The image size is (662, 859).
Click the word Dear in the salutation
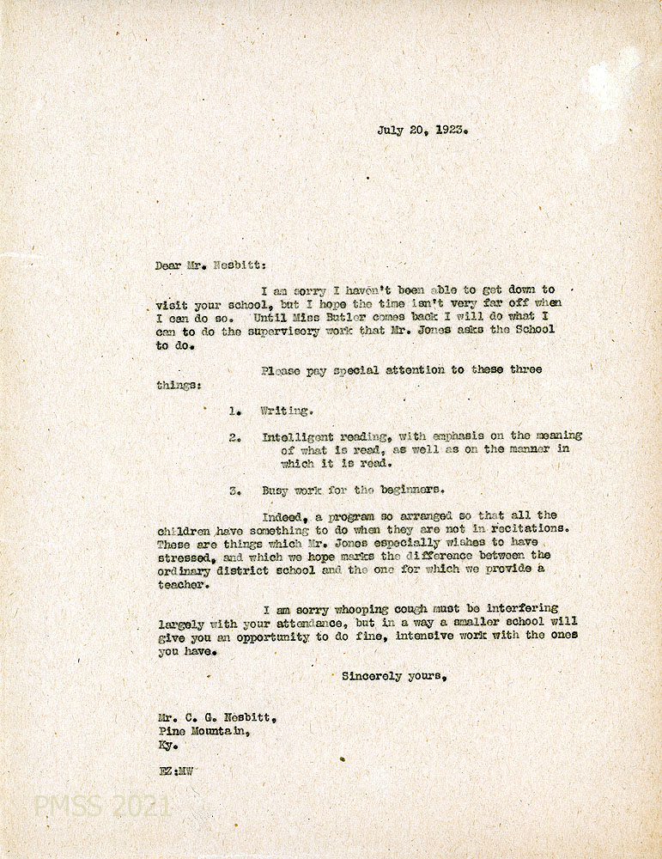coord(168,266)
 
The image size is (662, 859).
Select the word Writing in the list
coord(286,411)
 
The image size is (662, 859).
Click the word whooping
coord(361,608)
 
